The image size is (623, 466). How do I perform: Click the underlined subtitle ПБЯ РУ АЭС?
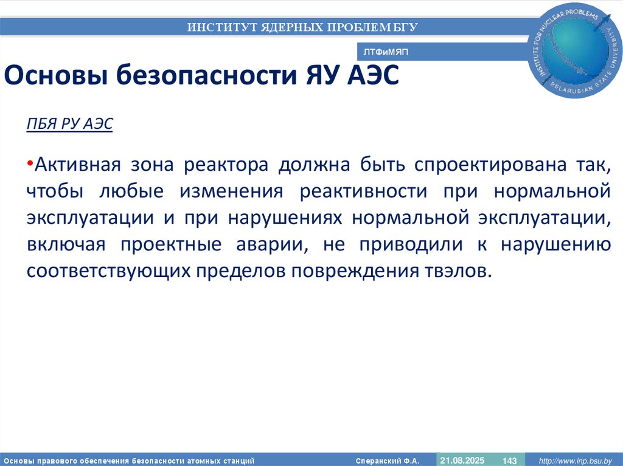[x=69, y=124]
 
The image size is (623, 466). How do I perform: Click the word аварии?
[x=278, y=244]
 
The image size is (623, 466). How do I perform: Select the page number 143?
[x=509, y=461]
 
